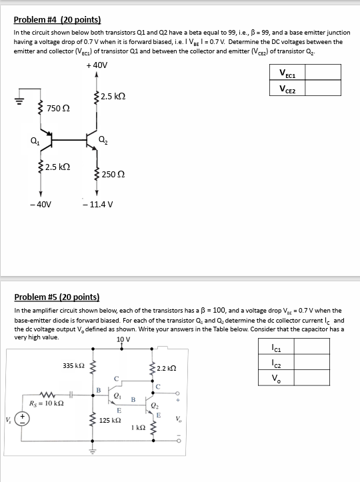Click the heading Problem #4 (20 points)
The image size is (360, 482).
57,20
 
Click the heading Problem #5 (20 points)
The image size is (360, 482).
57,297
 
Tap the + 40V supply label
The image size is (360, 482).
97,65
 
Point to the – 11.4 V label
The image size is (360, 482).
98,205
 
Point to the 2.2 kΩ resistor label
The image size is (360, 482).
166,368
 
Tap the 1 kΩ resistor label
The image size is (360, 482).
137,427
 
